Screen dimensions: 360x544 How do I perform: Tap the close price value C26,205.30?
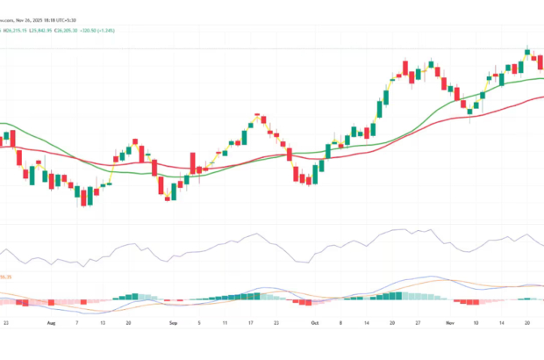tap(97, 30)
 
